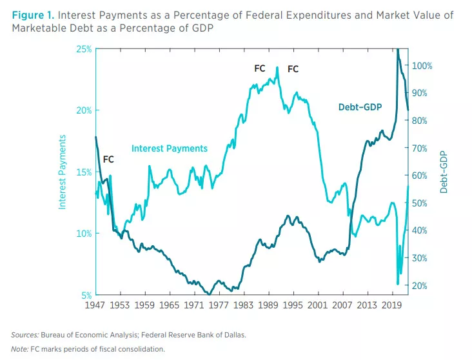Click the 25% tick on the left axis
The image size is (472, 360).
(x=83, y=49)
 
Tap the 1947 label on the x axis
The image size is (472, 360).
(x=96, y=305)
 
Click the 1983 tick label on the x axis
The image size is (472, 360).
(x=244, y=305)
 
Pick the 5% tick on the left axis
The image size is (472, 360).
(x=85, y=295)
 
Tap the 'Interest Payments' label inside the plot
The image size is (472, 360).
(x=170, y=148)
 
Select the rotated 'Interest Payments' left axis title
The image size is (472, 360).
(x=63, y=172)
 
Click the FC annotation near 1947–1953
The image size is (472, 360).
(x=108, y=159)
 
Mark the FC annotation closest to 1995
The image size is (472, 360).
(x=293, y=69)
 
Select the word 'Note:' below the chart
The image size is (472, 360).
(x=19, y=349)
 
